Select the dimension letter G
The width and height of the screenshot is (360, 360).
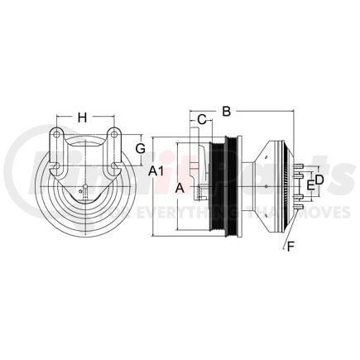click(141, 148)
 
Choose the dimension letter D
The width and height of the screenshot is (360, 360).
click(319, 180)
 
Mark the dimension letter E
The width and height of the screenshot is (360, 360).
click(310, 185)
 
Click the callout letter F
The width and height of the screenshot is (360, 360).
click(289, 246)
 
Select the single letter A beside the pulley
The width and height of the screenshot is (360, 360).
click(180, 188)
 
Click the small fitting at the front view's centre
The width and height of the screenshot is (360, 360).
click(83, 195)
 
